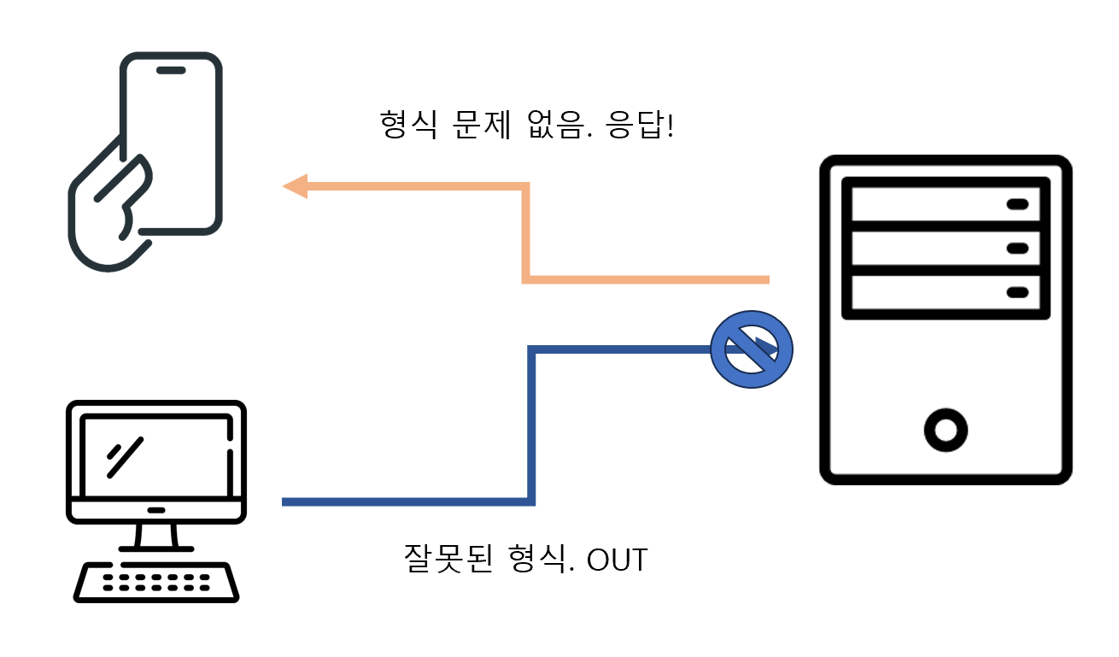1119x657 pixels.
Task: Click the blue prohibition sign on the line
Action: click(x=752, y=349)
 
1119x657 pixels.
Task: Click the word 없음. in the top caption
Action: click(x=554, y=126)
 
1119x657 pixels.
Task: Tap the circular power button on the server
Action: click(x=946, y=430)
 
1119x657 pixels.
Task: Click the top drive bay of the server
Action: click(x=946, y=203)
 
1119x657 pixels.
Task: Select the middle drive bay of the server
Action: click(x=946, y=248)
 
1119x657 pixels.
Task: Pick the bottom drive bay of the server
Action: click(x=946, y=292)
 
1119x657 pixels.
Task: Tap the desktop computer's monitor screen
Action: click(x=155, y=457)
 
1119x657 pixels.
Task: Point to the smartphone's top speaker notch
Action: click(x=171, y=70)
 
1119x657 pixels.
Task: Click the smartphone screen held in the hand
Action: click(x=175, y=145)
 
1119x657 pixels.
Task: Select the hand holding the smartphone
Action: click(x=107, y=218)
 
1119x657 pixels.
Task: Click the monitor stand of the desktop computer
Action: click(x=156, y=537)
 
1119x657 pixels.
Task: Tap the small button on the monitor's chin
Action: click(x=156, y=510)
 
